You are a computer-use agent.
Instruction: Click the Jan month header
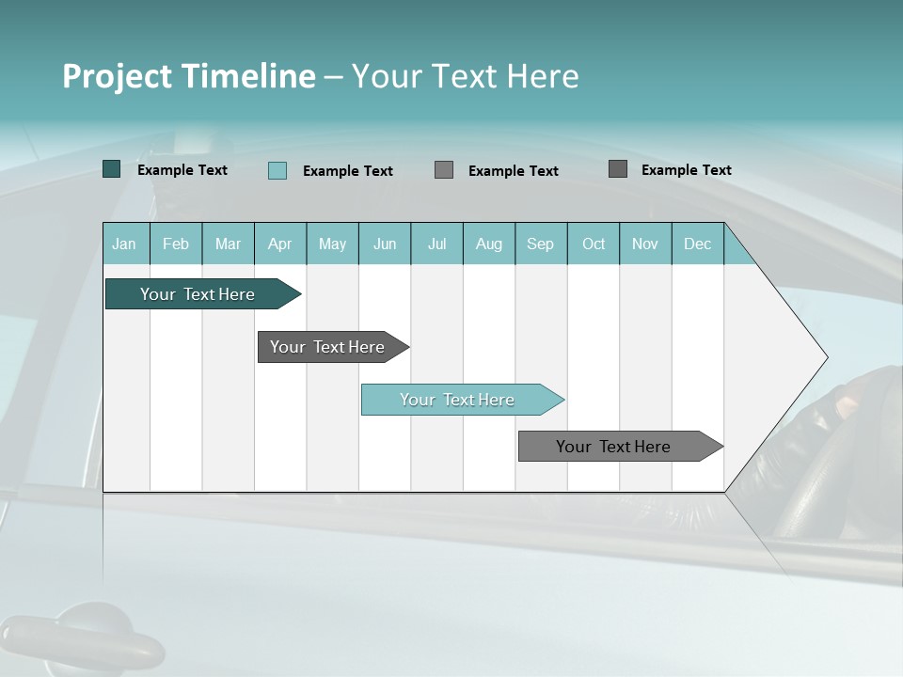(124, 244)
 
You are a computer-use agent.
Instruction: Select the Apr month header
(279, 244)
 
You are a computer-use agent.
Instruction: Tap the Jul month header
(436, 244)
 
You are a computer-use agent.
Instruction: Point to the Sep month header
(540, 244)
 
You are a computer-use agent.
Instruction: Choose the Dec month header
(697, 244)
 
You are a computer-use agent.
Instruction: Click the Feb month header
(176, 244)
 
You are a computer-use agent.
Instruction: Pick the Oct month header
(594, 244)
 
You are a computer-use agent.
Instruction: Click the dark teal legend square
(111, 169)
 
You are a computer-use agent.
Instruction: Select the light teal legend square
(277, 170)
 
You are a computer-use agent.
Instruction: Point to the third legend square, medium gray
(444, 169)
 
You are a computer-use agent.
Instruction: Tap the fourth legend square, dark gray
(618, 168)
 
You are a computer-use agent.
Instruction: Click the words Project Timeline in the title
(189, 76)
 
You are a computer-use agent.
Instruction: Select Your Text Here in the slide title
(465, 76)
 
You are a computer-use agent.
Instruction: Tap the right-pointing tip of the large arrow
(824, 356)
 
